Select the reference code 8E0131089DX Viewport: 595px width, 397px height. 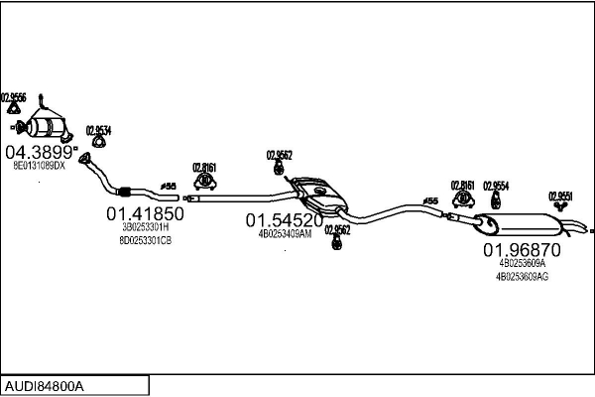tap(39, 166)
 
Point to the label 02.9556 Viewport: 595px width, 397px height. tap(15, 97)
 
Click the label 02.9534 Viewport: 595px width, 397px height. tap(98, 130)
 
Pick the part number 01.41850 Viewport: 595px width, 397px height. tap(146, 213)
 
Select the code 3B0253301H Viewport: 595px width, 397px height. tap(146, 227)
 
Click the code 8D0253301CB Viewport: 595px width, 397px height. tap(146, 240)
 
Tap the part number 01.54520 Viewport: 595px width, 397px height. tap(285, 220)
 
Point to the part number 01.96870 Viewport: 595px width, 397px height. tap(522, 250)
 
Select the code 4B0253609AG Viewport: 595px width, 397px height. tap(522, 277)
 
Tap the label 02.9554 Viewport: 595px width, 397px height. tap(496, 185)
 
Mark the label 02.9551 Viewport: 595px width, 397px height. tap(561, 196)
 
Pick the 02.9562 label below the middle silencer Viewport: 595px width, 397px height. tap(337, 229)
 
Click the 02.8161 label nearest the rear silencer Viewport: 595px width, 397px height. tap(463, 185)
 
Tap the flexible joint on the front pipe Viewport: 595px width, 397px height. tap(125, 192)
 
